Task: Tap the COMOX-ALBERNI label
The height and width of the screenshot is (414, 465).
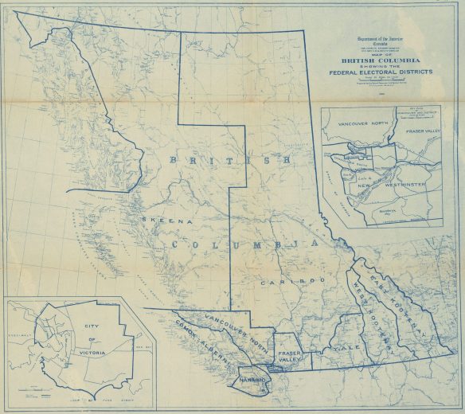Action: pyautogui.click(x=199, y=343)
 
